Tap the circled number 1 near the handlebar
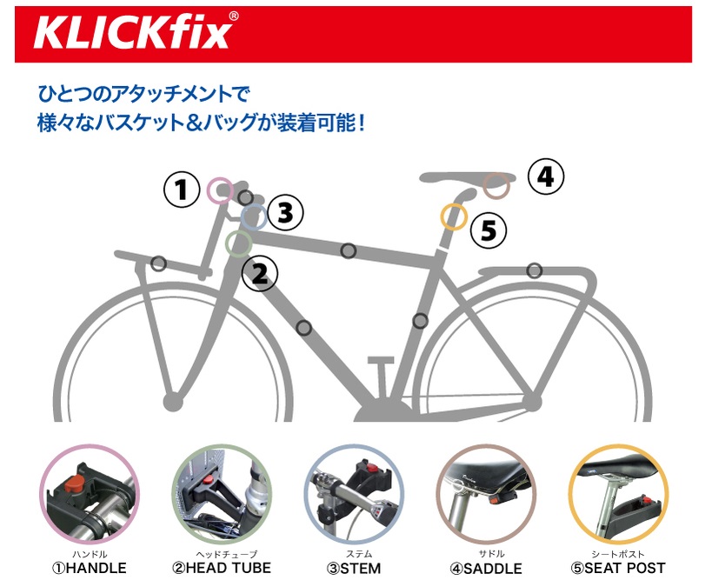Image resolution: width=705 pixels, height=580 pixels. (x=182, y=190)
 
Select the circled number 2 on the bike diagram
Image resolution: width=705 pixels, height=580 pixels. (x=260, y=273)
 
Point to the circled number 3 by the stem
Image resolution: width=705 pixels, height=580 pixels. (x=285, y=213)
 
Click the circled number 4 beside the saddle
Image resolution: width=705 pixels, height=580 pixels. (x=545, y=177)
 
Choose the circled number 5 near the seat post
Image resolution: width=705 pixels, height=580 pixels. (x=489, y=230)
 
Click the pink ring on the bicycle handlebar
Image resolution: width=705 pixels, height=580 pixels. (x=208, y=190)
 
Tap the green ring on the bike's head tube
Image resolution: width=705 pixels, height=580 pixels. (x=226, y=243)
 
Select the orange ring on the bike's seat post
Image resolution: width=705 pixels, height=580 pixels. (x=442, y=217)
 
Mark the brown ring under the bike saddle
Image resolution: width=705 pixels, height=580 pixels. (x=484, y=185)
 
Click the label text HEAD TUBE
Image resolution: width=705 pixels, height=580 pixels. (x=229, y=568)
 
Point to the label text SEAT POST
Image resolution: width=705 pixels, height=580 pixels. (x=624, y=568)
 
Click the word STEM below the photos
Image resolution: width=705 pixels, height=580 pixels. (x=361, y=569)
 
